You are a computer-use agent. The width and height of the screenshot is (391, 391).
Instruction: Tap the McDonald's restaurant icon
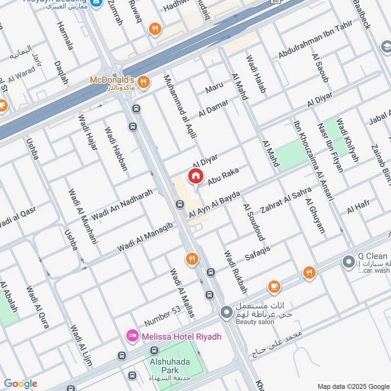[x=143, y=82]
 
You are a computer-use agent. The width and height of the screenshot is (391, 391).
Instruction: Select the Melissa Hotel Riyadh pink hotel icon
[x=131, y=336]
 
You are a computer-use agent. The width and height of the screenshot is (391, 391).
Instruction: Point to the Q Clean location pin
[x=348, y=262]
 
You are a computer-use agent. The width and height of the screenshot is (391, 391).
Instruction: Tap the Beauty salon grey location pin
[x=226, y=311]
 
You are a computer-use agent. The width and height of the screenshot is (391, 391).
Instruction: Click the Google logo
[x=21, y=384]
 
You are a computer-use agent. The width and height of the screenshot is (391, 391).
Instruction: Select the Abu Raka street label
[x=223, y=177]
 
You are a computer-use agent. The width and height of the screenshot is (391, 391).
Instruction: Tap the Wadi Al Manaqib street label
[x=145, y=238]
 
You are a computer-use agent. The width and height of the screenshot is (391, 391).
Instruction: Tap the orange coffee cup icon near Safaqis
[x=274, y=286]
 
